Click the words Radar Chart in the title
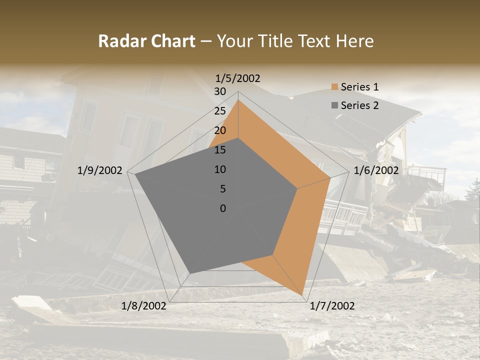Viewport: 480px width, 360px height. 146,41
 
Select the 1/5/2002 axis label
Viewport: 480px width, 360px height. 238,78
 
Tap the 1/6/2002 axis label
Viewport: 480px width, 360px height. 376,170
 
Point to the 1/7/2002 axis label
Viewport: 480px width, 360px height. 332,306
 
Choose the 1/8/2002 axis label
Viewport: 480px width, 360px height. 144,306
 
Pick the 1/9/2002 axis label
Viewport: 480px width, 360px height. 100,170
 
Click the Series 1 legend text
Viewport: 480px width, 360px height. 359,87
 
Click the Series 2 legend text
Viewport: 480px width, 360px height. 359,105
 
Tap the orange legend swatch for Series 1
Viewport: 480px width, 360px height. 334,87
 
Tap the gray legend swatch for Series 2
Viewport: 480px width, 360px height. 334,105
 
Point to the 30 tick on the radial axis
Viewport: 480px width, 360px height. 220,91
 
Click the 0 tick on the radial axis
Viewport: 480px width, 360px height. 223,208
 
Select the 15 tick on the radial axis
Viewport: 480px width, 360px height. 220,150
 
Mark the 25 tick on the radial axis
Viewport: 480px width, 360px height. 220,111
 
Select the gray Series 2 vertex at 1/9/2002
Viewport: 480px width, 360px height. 135,174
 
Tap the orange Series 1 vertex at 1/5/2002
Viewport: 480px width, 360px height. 238,99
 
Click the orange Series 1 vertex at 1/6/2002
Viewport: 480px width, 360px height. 330,177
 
